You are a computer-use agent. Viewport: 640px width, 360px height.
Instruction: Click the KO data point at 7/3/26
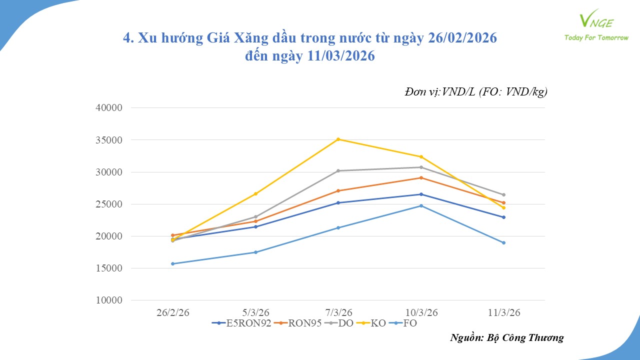click(x=338, y=139)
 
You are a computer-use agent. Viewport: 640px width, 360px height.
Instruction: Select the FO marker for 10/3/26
click(x=421, y=205)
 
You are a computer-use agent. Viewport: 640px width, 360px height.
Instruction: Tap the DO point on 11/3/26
click(x=503, y=194)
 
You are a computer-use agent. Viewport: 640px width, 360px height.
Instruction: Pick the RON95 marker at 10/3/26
click(x=421, y=177)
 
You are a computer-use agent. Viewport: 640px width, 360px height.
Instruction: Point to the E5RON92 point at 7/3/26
click(x=338, y=202)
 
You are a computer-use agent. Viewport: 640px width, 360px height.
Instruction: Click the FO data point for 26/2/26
click(x=172, y=263)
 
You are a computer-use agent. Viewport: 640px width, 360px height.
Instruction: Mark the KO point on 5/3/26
click(x=255, y=193)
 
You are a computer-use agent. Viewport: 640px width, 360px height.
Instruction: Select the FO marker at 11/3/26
click(x=503, y=242)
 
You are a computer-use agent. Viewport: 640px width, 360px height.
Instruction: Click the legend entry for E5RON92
click(x=242, y=323)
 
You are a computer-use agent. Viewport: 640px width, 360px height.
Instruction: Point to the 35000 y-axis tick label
click(x=108, y=140)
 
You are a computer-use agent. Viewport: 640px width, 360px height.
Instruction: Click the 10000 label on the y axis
click(x=108, y=300)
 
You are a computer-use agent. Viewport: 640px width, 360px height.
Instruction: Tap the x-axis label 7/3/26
click(x=338, y=312)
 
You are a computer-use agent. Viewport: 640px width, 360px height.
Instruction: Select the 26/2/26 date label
click(x=172, y=312)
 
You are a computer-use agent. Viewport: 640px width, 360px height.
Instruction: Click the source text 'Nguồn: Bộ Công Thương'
click(x=506, y=337)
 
